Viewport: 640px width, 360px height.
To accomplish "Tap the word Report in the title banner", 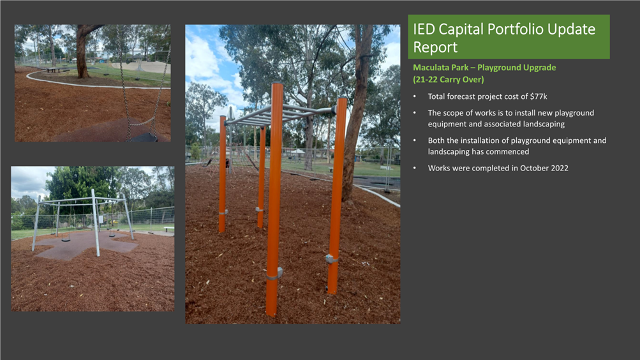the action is tap(435, 47).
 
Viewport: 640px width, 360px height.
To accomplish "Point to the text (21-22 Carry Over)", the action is tap(449, 79).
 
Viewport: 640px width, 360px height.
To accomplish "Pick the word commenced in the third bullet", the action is tap(509, 151).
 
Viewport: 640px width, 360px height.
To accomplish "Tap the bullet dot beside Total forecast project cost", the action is tap(415, 97).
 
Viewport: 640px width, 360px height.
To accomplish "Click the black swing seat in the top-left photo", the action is tap(144, 137).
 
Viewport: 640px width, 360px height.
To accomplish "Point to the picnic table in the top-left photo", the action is tap(53, 70).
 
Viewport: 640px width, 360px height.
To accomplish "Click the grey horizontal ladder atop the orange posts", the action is tap(279, 115).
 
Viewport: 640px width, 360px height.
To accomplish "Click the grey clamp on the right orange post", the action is tap(331, 259).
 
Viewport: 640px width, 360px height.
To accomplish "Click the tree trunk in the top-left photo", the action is tap(83, 53).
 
